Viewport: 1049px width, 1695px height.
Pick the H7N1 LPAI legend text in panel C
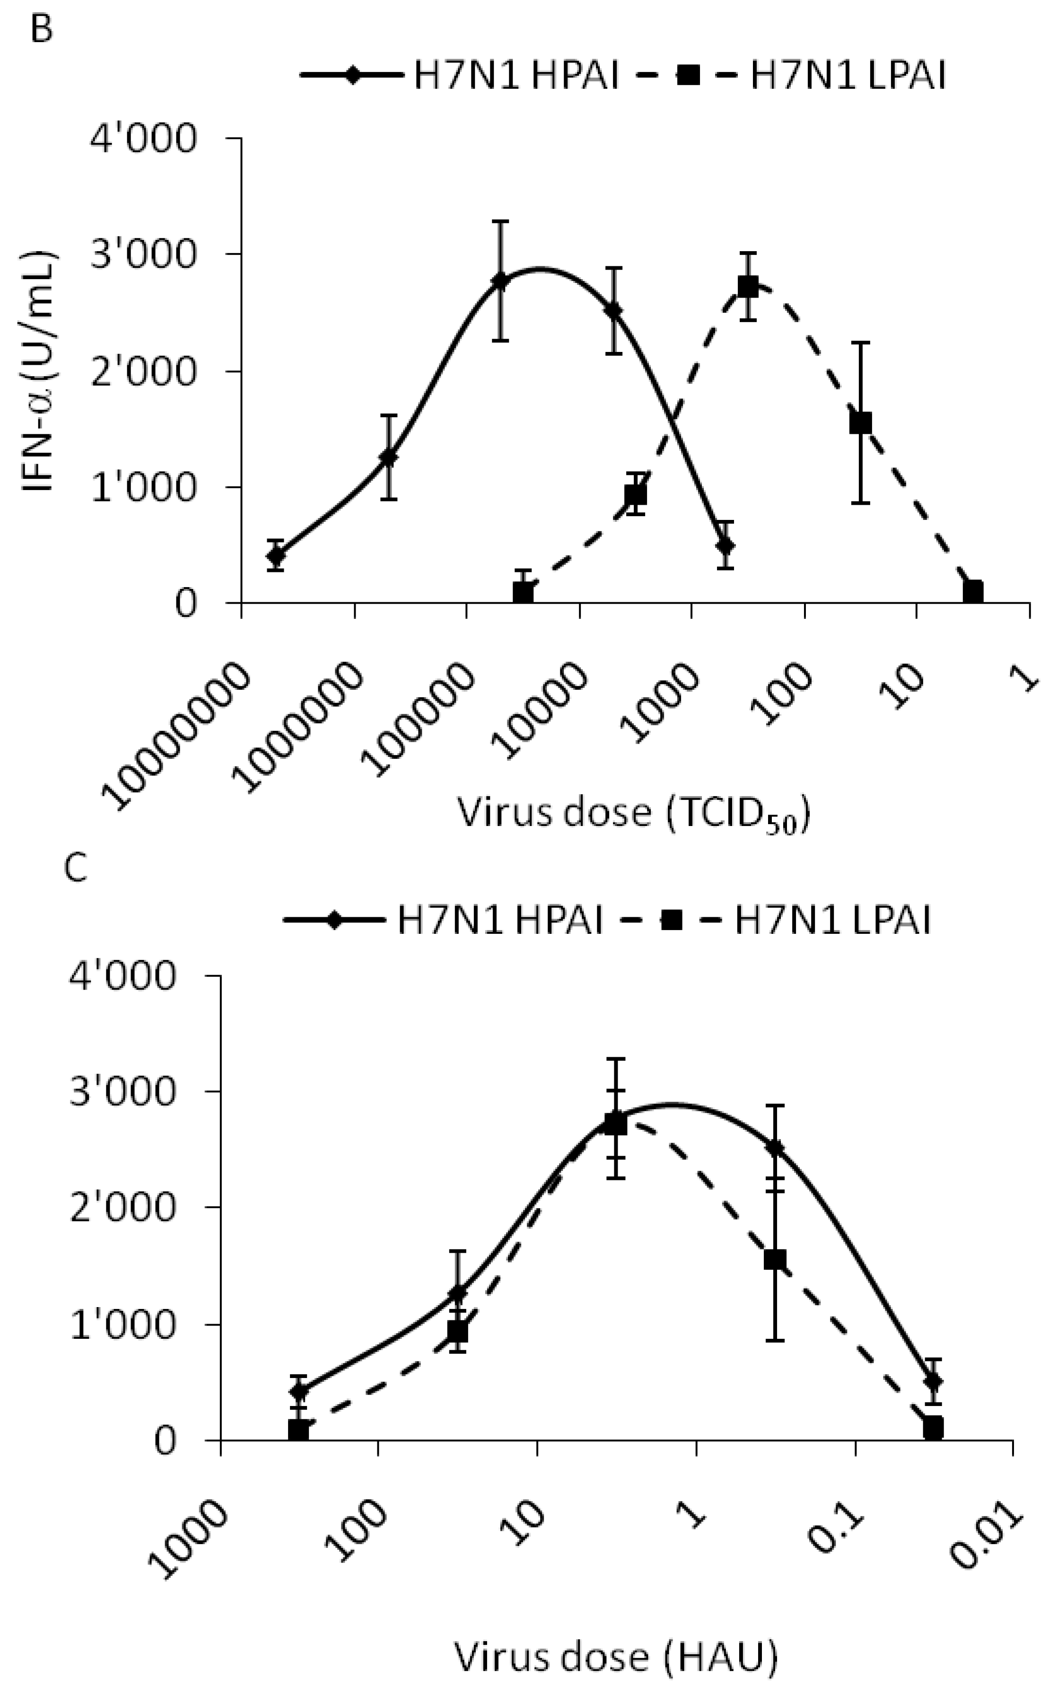coord(831,921)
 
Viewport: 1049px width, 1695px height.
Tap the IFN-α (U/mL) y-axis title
coord(40,371)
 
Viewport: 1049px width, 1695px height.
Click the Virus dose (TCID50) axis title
coord(633,813)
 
